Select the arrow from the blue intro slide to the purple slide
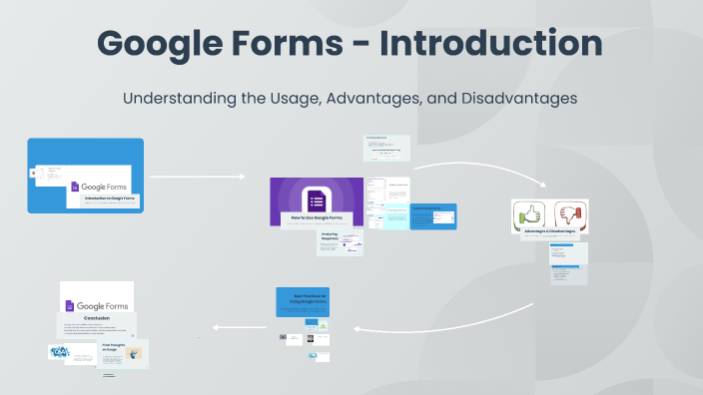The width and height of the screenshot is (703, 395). click(x=197, y=177)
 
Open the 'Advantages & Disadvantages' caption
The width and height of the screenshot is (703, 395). click(x=549, y=231)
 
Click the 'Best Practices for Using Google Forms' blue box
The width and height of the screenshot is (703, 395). click(x=310, y=300)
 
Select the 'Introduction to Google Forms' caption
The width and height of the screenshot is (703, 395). click(x=109, y=199)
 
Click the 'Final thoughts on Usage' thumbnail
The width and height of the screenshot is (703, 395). click(x=124, y=351)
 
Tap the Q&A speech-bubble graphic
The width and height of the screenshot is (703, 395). click(x=61, y=352)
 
